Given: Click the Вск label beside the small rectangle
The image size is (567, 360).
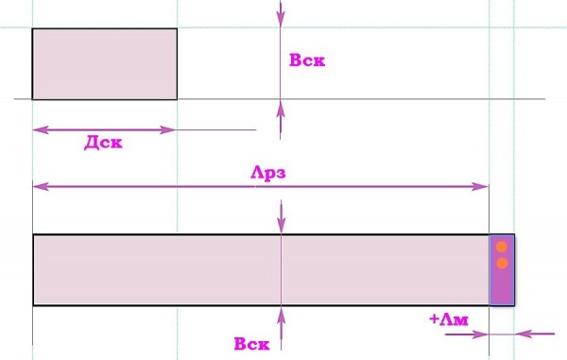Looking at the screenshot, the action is pos(307,60).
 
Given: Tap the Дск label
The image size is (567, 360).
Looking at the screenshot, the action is pos(103,143).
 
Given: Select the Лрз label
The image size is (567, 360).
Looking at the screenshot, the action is pos(268,173).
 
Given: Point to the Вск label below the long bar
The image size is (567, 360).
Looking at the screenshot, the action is pos(251,344).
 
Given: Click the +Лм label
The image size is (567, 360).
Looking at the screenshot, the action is pos(449,319).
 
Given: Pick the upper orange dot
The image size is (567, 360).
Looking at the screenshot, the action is pos(501,247).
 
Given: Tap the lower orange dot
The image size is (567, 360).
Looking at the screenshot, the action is pos(502,263).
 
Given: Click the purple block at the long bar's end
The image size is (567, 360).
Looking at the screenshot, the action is pos(502,269).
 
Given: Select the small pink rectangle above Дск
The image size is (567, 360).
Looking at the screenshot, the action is pos(105,63).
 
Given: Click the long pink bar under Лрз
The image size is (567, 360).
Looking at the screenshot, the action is pos(261,269).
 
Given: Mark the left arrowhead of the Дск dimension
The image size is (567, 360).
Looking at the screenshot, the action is pos(41,129).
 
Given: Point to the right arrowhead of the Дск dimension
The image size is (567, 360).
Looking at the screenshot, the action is pos(168,129).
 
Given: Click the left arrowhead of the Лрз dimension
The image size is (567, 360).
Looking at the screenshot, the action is pos(41,187).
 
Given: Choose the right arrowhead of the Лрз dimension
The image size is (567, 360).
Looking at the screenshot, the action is pos(481,187).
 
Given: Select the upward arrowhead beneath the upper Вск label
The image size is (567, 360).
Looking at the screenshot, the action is pos(281,109).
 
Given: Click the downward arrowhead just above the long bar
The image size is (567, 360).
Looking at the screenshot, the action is pos(281,225).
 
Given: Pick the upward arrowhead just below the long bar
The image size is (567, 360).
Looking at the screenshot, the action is pos(281,316).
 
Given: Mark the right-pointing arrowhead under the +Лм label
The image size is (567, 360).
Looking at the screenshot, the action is pos(481,334).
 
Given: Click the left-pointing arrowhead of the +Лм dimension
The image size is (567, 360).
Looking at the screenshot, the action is pos(523,334).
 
